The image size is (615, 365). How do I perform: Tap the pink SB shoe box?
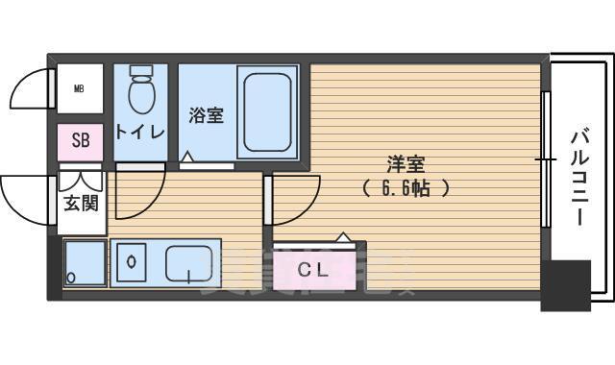click(x=81, y=141)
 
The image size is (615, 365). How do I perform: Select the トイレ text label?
click(x=140, y=133)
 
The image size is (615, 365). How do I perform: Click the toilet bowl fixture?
click(x=141, y=90)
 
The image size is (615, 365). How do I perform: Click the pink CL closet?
click(x=313, y=270)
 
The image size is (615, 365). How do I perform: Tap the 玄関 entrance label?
click(x=82, y=203)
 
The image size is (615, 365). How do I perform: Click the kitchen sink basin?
click(x=190, y=262)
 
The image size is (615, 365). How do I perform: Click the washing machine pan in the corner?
click(x=85, y=262)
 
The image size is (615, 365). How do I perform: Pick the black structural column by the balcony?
click(x=564, y=283)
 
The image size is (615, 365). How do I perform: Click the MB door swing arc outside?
click(x=31, y=91)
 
